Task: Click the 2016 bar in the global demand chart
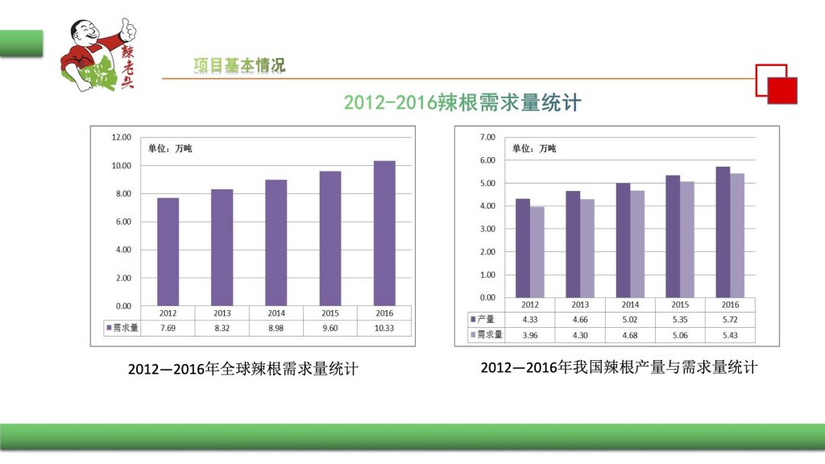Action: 384,234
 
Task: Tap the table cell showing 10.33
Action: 384,328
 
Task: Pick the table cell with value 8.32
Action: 222,328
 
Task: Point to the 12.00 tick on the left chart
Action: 121,138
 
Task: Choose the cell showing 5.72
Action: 730,320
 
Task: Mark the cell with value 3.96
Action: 529,334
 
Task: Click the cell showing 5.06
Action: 680,334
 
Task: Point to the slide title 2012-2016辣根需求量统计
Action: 461,103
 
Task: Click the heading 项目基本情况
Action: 239,65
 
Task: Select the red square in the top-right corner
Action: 782,90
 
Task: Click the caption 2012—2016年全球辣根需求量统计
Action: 243,370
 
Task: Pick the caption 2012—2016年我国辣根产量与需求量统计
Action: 619,368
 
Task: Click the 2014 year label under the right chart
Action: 629,305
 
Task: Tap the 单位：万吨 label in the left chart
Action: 170,148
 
